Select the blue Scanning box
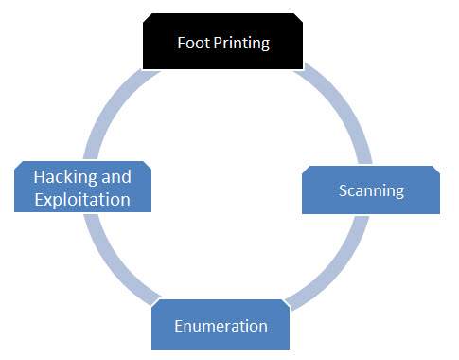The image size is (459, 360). click(x=371, y=190)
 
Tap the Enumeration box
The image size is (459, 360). click(x=221, y=325)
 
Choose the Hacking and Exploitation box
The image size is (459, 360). click(x=82, y=187)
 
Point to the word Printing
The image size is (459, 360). click(x=240, y=44)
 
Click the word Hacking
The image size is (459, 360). click(x=68, y=177)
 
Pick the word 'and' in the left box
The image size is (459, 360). click(x=117, y=177)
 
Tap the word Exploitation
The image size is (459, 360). click(x=81, y=199)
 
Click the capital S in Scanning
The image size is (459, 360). click(x=344, y=190)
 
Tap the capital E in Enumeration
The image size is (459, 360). click(x=179, y=326)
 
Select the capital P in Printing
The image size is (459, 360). click(x=217, y=44)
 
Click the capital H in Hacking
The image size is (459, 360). click(x=39, y=177)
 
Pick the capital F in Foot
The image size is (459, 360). click(x=182, y=44)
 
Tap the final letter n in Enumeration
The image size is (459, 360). click(x=262, y=327)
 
